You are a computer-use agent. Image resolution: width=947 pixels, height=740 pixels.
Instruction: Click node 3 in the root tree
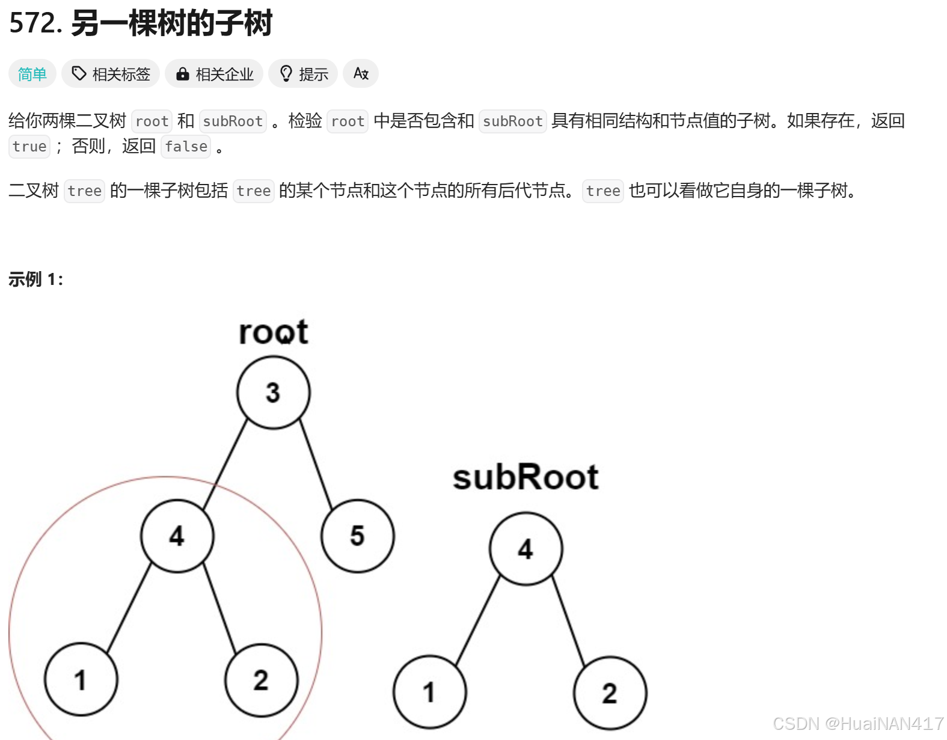273,393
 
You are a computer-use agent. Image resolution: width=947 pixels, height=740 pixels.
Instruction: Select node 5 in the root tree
357,536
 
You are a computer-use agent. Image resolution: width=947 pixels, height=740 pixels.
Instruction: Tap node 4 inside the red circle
177,536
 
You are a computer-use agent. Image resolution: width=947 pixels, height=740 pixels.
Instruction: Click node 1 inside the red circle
81,679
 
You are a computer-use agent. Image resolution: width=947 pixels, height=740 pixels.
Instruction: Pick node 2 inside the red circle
261,680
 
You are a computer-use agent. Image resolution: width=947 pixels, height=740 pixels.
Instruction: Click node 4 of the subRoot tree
526,548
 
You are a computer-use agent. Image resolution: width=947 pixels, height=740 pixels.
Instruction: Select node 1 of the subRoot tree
429,692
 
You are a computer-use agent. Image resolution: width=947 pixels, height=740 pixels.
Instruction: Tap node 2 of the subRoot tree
610,693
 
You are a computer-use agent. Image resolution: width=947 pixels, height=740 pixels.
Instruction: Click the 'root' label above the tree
273,332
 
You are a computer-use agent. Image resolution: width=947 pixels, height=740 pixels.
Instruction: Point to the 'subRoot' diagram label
526,477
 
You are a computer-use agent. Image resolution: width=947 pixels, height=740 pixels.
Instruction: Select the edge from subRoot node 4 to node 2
569,622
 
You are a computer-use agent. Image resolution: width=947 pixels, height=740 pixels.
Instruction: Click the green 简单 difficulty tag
32,74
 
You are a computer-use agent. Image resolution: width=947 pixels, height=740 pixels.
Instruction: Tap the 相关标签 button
111,74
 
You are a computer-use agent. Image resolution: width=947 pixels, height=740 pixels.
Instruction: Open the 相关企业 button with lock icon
214,74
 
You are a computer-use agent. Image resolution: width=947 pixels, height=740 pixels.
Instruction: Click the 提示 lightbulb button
303,74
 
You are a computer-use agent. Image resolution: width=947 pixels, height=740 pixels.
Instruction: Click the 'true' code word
29,147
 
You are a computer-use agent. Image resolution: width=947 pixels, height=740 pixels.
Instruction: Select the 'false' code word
186,147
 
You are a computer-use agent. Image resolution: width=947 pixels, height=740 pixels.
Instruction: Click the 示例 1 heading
35,280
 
